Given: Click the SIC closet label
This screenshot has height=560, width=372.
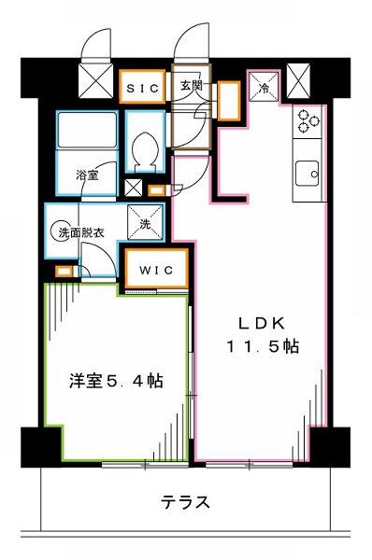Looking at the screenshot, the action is [142, 89].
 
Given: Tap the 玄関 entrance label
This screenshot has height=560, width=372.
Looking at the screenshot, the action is [191, 86].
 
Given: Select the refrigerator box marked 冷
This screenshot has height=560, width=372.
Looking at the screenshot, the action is [264, 87].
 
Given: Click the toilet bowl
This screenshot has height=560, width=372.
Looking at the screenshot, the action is [145, 148].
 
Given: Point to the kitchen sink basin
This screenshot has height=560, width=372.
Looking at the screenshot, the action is [307, 174].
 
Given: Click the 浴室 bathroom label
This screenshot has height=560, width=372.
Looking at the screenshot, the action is [87, 175].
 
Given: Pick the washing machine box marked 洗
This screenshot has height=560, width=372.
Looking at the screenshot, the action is [145, 223].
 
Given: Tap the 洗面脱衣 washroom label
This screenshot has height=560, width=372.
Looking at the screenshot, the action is [81, 233].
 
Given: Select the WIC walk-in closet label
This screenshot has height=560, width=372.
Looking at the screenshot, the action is [156, 270].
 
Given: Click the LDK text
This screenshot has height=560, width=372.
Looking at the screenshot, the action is [263, 324].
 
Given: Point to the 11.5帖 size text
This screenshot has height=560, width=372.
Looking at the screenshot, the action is [263, 346].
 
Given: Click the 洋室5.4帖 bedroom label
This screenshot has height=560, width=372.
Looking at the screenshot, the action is [116, 382].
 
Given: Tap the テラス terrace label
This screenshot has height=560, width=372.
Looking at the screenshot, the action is [185, 502].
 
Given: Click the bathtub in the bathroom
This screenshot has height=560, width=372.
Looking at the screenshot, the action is [87, 131].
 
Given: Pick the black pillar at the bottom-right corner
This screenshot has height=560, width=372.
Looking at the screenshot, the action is [330, 447].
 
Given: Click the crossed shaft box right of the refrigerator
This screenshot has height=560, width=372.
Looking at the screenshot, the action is [298, 81].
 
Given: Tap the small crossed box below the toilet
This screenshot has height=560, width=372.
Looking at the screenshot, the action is [133, 188].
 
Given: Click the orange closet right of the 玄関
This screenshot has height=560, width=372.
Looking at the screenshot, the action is [229, 101].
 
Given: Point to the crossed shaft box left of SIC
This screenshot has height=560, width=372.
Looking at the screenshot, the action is [95, 80].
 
